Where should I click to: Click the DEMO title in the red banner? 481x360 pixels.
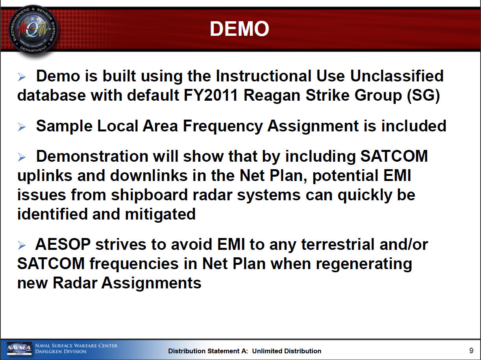click(239, 29)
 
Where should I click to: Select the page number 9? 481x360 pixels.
click(471, 351)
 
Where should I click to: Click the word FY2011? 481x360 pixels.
click(211, 96)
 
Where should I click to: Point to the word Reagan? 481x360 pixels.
click(272, 96)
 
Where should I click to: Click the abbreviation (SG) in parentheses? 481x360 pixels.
click(423, 96)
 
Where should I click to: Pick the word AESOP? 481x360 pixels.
click(63, 244)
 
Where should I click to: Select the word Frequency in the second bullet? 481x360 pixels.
click(223, 127)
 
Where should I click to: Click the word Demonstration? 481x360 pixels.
click(92, 156)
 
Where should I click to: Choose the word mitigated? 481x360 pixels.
click(160, 214)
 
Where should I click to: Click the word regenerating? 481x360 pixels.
click(364, 264)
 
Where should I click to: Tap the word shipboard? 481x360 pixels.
click(150, 195)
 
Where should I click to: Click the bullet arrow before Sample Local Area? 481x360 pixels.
click(22, 127)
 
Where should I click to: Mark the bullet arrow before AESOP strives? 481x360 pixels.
click(22, 245)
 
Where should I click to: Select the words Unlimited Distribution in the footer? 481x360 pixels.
click(287, 351)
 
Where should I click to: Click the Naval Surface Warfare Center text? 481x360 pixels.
click(76, 346)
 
